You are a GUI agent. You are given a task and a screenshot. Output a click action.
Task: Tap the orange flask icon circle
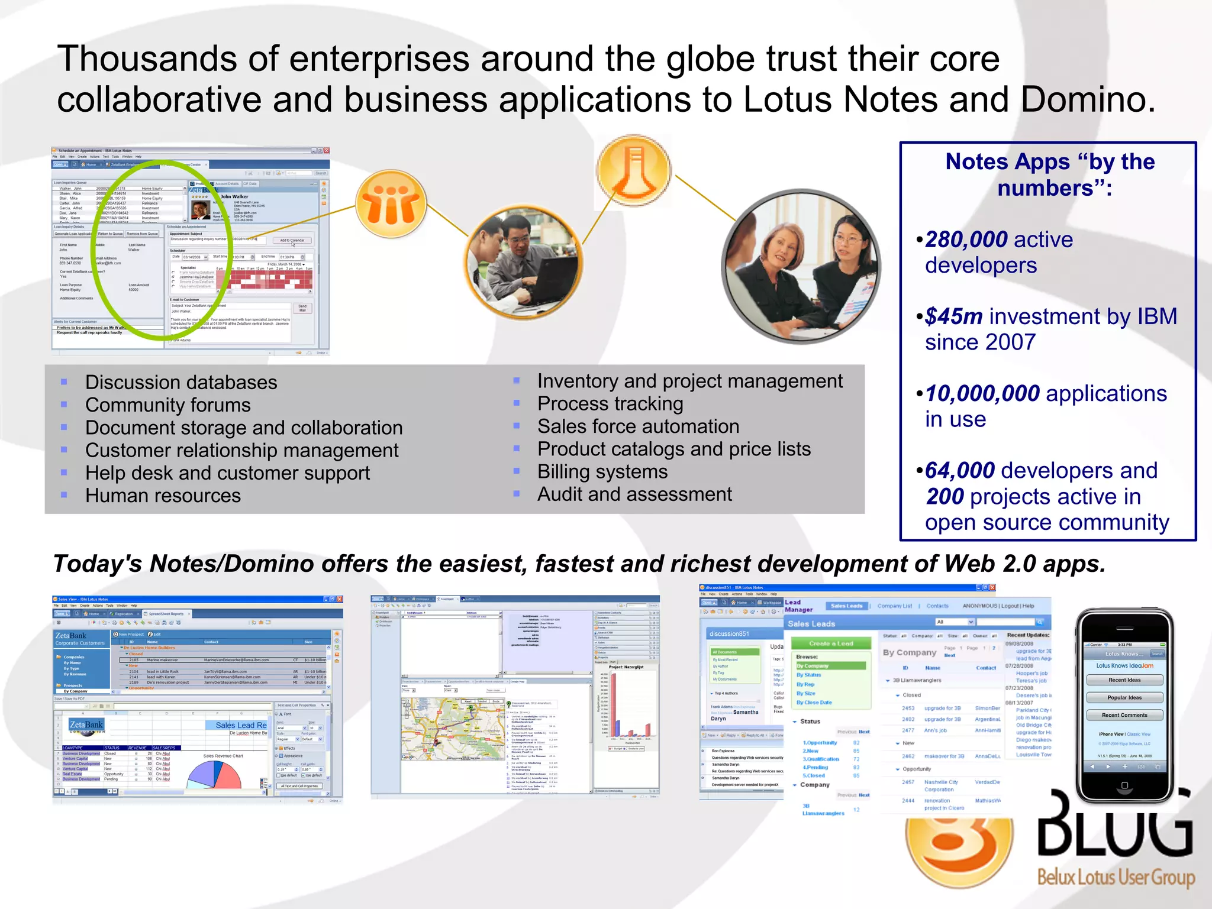click(x=634, y=170)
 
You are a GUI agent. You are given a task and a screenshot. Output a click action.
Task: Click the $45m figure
click(x=953, y=316)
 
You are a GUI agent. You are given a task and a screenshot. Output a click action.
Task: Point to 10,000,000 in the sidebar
click(x=982, y=393)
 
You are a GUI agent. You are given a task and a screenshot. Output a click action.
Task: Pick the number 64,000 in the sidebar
click(x=959, y=470)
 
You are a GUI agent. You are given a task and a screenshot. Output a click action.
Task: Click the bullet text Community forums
click(x=168, y=405)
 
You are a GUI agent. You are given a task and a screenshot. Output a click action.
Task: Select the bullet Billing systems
click(x=602, y=472)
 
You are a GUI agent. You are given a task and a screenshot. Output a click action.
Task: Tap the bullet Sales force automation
click(x=638, y=426)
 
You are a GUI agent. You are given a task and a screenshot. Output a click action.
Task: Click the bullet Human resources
click(x=163, y=496)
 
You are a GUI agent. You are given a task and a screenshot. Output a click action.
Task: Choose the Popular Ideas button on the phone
click(x=1124, y=698)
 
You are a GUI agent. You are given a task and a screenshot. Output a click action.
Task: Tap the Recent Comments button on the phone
click(x=1124, y=716)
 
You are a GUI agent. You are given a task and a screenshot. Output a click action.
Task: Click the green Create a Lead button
click(x=831, y=643)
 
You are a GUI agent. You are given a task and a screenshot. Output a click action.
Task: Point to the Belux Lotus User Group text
click(x=1116, y=877)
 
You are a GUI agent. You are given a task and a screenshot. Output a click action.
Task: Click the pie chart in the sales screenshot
click(x=214, y=774)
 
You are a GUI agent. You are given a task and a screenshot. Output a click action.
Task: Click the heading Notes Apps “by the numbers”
click(x=1049, y=174)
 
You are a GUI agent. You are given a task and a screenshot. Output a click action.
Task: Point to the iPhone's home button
click(x=1124, y=785)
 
